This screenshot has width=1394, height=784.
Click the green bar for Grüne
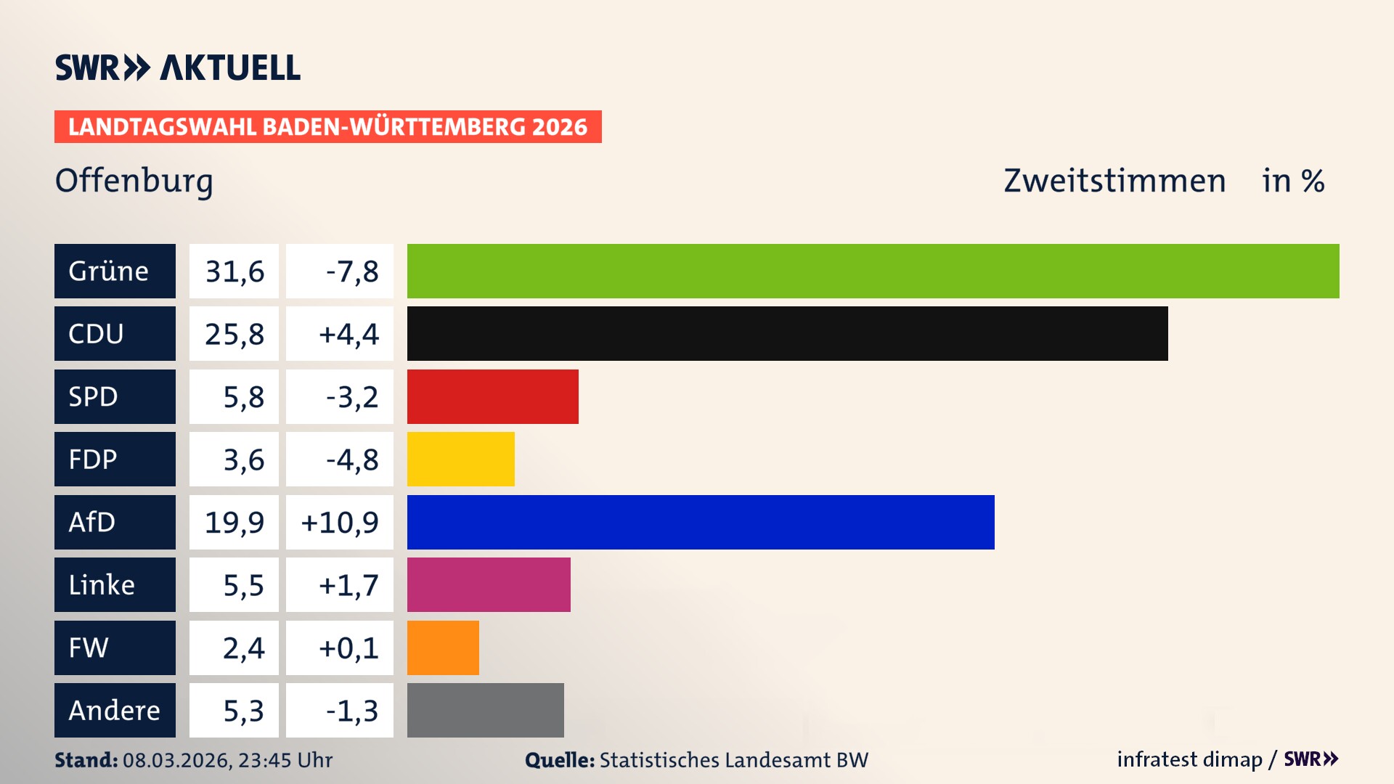873,271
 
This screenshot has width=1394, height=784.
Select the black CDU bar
787,333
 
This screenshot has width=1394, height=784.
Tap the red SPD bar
492,396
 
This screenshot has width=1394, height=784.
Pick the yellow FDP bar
460,459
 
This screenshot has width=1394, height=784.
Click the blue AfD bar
700,522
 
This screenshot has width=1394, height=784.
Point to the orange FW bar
443,648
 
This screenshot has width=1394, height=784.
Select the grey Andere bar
485,710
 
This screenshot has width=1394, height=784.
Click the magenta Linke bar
488,584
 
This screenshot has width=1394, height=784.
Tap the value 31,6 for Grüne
234,271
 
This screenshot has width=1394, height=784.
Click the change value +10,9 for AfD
340,522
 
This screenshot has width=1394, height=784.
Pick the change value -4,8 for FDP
351,460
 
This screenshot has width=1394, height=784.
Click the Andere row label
115,710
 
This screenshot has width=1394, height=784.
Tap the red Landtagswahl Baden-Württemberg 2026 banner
327,126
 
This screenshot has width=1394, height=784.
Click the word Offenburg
134,181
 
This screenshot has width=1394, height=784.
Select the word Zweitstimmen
1114,181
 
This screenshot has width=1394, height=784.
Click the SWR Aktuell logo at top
178,68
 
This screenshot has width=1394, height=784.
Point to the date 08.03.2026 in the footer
176,760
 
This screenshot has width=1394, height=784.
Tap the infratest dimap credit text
1189,759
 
